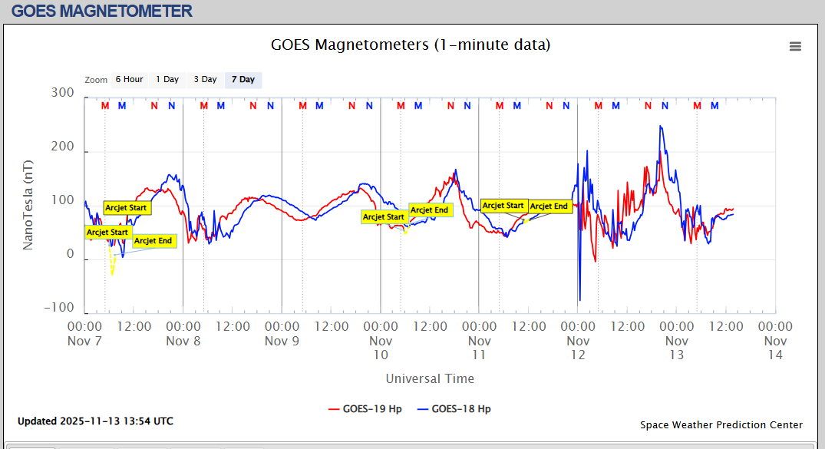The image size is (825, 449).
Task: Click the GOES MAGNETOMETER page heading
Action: (x=102, y=12)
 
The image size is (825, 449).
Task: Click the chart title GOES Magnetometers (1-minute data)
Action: (x=411, y=45)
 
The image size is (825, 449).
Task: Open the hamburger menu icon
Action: (x=795, y=46)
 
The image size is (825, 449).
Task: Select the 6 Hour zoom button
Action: (x=129, y=80)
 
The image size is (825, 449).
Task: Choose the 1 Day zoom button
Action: (x=167, y=80)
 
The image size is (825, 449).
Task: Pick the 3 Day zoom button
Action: (x=205, y=80)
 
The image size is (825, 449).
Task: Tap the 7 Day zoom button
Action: (x=243, y=80)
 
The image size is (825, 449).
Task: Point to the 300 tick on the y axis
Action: (x=62, y=93)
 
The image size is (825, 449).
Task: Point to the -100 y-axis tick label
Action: (x=59, y=308)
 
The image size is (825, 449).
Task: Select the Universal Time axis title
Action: (x=430, y=378)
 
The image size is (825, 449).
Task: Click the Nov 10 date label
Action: (x=381, y=348)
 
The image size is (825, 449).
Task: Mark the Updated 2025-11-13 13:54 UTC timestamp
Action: (x=95, y=421)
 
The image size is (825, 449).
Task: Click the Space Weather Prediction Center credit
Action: (x=721, y=424)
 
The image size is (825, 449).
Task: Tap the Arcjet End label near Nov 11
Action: (x=549, y=206)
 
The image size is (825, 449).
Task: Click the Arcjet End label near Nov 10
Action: (x=430, y=210)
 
